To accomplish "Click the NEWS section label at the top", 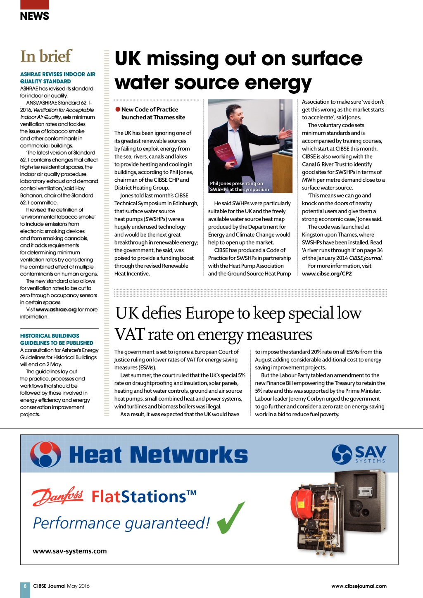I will click(x=34, y=16).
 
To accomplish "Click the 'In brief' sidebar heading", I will click(x=46, y=56).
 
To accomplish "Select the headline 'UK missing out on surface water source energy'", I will click(x=238, y=70).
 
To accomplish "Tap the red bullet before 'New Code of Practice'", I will click(x=118, y=109).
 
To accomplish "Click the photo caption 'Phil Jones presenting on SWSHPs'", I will click(x=239, y=186).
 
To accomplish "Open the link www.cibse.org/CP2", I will click(x=327, y=274).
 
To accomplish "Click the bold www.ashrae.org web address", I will click(x=56, y=310).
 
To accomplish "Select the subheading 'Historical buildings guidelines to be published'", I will click(x=57, y=339).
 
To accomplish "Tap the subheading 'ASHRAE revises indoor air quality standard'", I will click(x=57, y=78).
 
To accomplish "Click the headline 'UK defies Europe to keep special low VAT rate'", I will click(x=238, y=323).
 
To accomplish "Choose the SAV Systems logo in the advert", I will click(x=359, y=454).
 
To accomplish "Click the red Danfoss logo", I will click(x=57, y=496).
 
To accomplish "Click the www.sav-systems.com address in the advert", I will click(x=69, y=551).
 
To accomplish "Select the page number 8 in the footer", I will click(x=25, y=586).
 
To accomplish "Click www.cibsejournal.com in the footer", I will click(x=359, y=586).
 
